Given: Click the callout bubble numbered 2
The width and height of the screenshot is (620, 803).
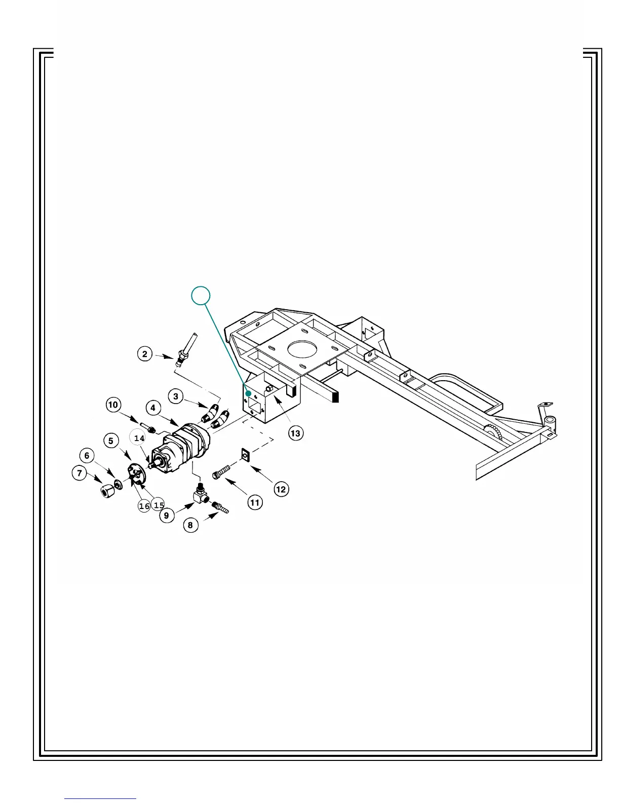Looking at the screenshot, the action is [x=145, y=353].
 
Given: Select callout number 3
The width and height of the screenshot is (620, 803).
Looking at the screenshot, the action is [x=176, y=396].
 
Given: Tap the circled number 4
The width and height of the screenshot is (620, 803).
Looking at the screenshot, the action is [x=153, y=408].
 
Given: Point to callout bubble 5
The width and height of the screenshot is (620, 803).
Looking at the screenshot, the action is [x=111, y=441].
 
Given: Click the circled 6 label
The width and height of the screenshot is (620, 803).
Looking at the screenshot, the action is [x=87, y=455].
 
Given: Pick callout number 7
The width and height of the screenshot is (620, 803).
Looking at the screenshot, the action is [x=80, y=473].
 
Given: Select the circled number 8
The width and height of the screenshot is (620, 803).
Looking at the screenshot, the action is [x=190, y=525].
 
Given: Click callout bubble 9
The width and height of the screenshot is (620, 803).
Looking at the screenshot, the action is [x=167, y=516].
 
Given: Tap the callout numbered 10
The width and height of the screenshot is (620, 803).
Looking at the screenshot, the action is [x=113, y=405].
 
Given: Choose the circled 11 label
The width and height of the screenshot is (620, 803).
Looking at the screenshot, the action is [x=255, y=502].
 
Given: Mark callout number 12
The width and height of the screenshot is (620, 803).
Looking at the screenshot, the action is [x=281, y=489].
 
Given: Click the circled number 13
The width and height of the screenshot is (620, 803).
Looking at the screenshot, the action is [x=295, y=433].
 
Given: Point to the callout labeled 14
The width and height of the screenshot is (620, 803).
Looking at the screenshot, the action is [x=139, y=438].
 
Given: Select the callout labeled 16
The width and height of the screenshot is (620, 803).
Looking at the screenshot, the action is [x=144, y=506].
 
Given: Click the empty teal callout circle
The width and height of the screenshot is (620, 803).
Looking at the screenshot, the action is [x=201, y=296].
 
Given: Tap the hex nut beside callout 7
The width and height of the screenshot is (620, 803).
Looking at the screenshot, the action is [x=106, y=491].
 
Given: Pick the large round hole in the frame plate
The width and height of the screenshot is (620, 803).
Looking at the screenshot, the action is [x=302, y=350].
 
